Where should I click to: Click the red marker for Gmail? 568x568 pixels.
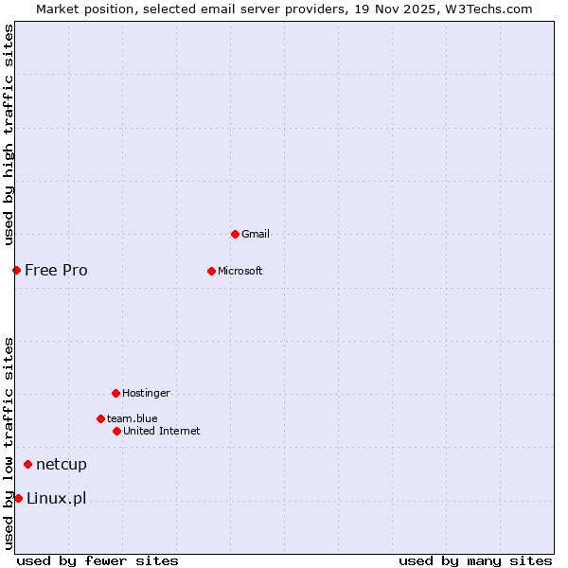pos(235,234)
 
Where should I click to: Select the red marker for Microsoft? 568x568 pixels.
pos(211,271)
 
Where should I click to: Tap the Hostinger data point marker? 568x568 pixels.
pos(115,393)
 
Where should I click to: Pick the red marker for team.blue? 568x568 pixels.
pos(100,418)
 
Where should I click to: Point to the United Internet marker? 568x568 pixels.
pos(116,431)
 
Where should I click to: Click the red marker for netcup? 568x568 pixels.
pos(27,464)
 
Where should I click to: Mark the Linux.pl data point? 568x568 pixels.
pos(18,498)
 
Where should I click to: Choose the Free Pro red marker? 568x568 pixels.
pos(16,270)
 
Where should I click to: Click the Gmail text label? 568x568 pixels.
pos(256,234)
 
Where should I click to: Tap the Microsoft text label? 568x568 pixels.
pos(240,271)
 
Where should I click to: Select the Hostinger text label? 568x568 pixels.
pos(146,393)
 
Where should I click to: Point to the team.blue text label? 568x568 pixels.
pos(132,418)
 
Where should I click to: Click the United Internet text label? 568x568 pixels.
pos(161,431)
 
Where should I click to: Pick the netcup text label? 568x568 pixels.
pos(62,464)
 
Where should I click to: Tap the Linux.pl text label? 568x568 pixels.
pos(56,498)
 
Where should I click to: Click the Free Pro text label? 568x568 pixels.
pos(56,270)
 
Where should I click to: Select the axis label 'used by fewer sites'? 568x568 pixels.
pos(98,560)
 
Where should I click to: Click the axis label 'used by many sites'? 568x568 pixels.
pos(475,560)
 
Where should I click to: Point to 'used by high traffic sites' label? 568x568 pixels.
pos(9,134)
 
